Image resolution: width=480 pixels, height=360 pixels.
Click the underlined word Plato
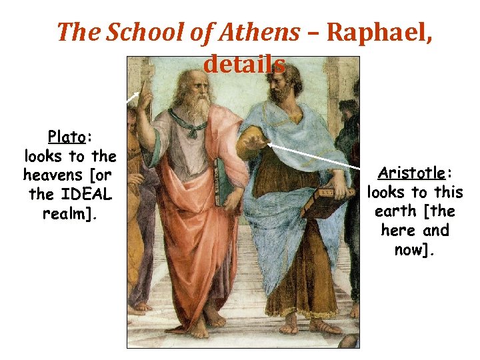pos(66,137)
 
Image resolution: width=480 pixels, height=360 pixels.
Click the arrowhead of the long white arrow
pos(268,142)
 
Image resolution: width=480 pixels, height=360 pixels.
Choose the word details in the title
pos(244,64)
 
